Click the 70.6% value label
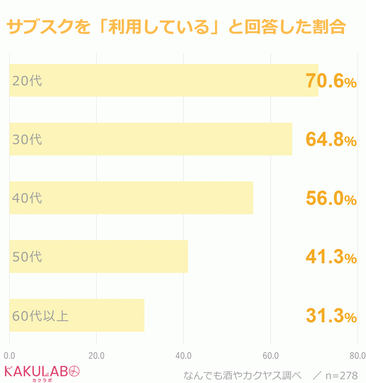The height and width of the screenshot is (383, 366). tap(331, 82)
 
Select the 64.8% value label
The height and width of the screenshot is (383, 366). tap(331, 140)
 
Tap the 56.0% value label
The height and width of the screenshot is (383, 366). tap(331, 199)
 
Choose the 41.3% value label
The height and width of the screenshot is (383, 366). tap(331, 258)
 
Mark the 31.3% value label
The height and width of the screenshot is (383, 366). tap(331, 316)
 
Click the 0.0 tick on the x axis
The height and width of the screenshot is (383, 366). tap(9, 355)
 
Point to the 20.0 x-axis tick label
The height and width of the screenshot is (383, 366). tap(97, 355)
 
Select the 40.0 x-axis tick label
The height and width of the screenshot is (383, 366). tap(184, 355)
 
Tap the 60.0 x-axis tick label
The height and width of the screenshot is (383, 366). tap(270, 355)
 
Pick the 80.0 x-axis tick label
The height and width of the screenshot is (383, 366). tap(357, 355)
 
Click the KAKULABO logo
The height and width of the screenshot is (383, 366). tap(41, 372)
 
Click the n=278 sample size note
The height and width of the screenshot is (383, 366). tap(342, 376)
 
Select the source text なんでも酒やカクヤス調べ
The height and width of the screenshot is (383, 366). tap(242, 376)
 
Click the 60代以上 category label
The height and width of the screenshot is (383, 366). tap(40, 315)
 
